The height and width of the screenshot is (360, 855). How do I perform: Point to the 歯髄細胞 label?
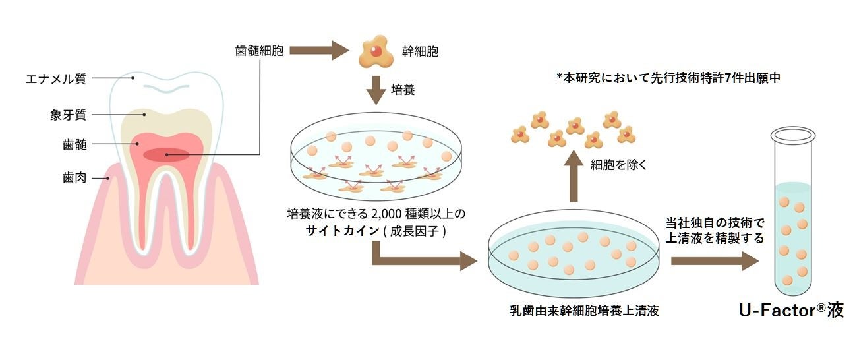point(259,50)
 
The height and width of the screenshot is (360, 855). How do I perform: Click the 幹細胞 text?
point(420,50)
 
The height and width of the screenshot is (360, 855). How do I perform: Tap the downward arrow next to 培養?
point(375,90)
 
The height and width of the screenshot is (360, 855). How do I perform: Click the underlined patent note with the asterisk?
point(668,78)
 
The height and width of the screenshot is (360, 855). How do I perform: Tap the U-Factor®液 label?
point(791,310)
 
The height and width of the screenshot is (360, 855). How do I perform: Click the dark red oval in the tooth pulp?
point(167,155)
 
